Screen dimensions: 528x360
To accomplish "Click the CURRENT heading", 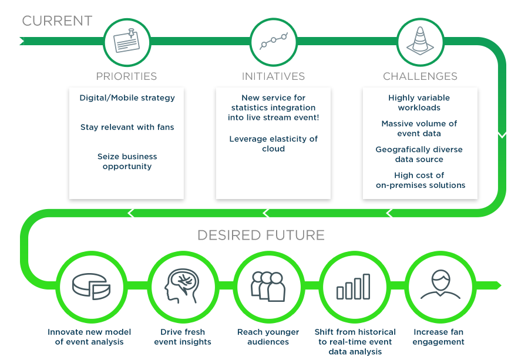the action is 57,21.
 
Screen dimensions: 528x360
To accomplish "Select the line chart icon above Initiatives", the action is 274,41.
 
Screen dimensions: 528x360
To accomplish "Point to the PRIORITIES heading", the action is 127,76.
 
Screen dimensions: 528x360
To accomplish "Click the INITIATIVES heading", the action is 274,76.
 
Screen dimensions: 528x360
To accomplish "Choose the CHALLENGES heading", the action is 420,76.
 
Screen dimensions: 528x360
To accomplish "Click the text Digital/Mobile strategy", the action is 127,98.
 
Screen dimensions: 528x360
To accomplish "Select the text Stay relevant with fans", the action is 127,127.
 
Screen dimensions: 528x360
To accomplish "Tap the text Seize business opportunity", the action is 127,162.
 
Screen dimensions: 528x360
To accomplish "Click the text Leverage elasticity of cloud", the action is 274,144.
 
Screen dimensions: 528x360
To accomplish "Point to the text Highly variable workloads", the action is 419,103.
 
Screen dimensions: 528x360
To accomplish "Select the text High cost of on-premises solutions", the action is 421,180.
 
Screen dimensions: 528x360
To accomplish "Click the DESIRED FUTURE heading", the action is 261,235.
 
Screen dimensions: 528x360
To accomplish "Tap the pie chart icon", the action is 91,286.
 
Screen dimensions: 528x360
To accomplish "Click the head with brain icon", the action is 182,286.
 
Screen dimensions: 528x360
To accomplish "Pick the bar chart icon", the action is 353,287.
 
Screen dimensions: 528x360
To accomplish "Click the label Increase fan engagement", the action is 438,337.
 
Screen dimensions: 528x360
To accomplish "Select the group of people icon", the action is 268,287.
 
